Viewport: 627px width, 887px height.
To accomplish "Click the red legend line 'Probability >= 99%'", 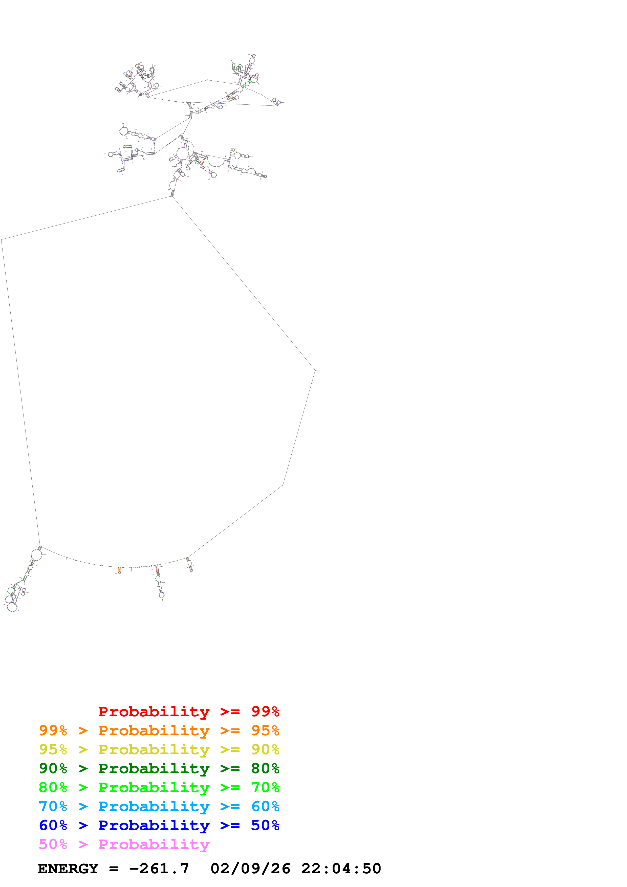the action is (x=188, y=712).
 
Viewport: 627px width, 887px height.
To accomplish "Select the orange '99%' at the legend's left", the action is (x=53, y=730).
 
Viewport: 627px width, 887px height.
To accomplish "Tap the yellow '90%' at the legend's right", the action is (x=265, y=749).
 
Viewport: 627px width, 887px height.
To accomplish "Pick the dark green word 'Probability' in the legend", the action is (x=154, y=768).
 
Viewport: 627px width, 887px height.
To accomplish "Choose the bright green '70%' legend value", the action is (x=265, y=787).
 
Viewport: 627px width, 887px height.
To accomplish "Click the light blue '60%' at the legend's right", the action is (x=265, y=806).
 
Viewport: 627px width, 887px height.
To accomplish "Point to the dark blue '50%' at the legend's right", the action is (x=265, y=825).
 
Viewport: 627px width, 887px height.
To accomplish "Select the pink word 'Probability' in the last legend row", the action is (x=154, y=844).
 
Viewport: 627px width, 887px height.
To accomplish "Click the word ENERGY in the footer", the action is (x=68, y=869).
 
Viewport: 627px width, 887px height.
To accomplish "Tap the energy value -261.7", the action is (x=159, y=869).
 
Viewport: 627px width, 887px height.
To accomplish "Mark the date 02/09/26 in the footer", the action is (x=250, y=869).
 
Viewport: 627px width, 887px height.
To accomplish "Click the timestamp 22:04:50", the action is (x=341, y=869).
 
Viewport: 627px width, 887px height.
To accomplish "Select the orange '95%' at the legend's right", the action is (x=265, y=730).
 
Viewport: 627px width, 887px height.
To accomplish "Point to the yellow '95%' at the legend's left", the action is (x=53, y=749).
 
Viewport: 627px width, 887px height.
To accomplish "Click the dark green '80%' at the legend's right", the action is (x=265, y=768).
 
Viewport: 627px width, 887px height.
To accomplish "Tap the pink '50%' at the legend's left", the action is (x=53, y=844).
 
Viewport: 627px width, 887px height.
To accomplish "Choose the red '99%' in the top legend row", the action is (x=265, y=712).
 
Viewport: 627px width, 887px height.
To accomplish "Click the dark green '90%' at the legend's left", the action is (x=53, y=768).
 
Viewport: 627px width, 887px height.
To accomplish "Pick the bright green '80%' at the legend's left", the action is (x=53, y=787).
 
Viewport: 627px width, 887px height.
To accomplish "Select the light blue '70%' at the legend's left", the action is (x=53, y=806).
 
